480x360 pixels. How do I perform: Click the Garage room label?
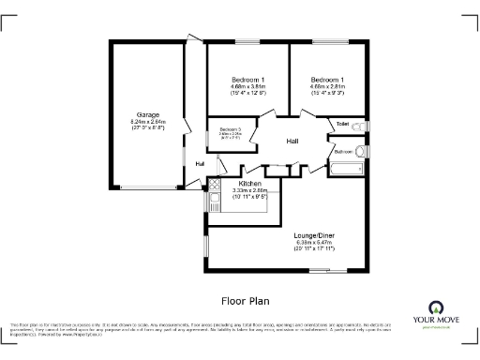pyautogui.click(x=147, y=115)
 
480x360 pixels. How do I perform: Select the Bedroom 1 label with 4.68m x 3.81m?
pyautogui.click(x=247, y=80)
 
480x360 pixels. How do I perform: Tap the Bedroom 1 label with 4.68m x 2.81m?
pyautogui.click(x=328, y=80)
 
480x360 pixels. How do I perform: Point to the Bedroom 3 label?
pyautogui.click(x=231, y=129)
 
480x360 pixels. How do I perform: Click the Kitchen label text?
pyautogui.click(x=249, y=183)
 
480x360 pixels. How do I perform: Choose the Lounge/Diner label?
pyautogui.click(x=314, y=234)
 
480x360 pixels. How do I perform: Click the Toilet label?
pyautogui.click(x=343, y=124)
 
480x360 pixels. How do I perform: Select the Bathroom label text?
pyautogui.click(x=343, y=151)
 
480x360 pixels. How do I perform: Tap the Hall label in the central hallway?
pyautogui.click(x=292, y=141)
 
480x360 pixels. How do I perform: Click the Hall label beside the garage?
pyautogui.click(x=200, y=164)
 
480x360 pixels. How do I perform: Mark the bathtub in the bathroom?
pyautogui.click(x=344, y=170)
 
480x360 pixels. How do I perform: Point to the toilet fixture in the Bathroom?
pyautogui.click(x=361, y=150)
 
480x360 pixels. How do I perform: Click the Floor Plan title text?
pyautogui.click(x=245, y=302)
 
